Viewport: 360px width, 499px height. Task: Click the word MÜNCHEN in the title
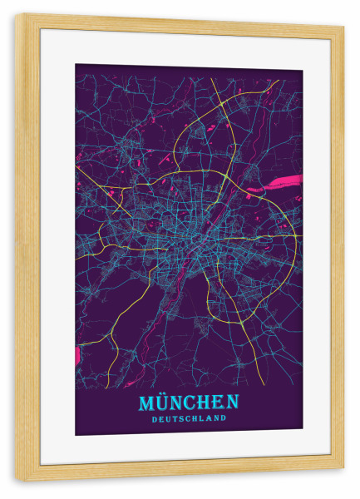(188, 403)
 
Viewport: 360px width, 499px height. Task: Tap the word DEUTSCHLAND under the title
(189, 418)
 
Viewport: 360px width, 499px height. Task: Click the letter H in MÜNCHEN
(206, 403)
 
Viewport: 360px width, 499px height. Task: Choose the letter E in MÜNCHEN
(219, 403)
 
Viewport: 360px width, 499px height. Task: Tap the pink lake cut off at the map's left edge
(78, 355)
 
